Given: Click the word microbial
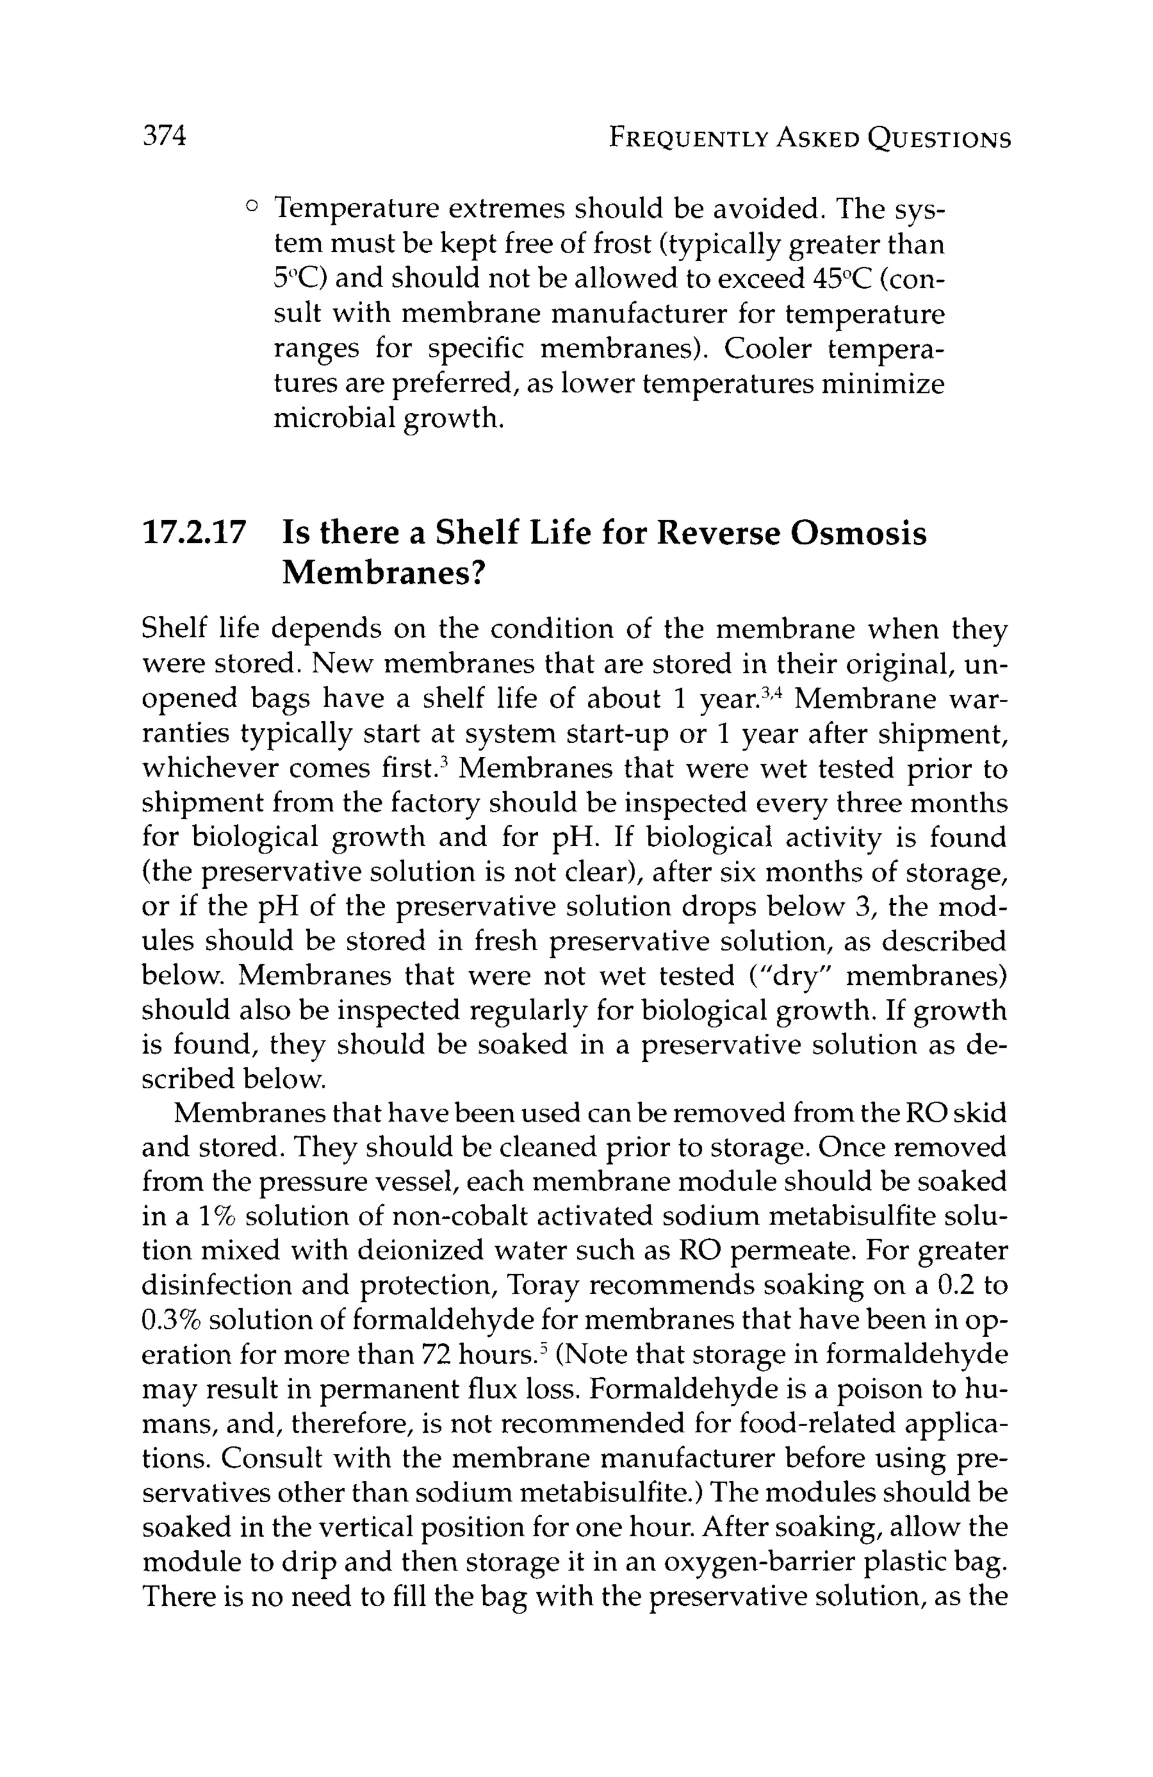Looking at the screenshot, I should (x=334, y=418).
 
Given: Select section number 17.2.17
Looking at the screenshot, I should (x=194, y=534).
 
